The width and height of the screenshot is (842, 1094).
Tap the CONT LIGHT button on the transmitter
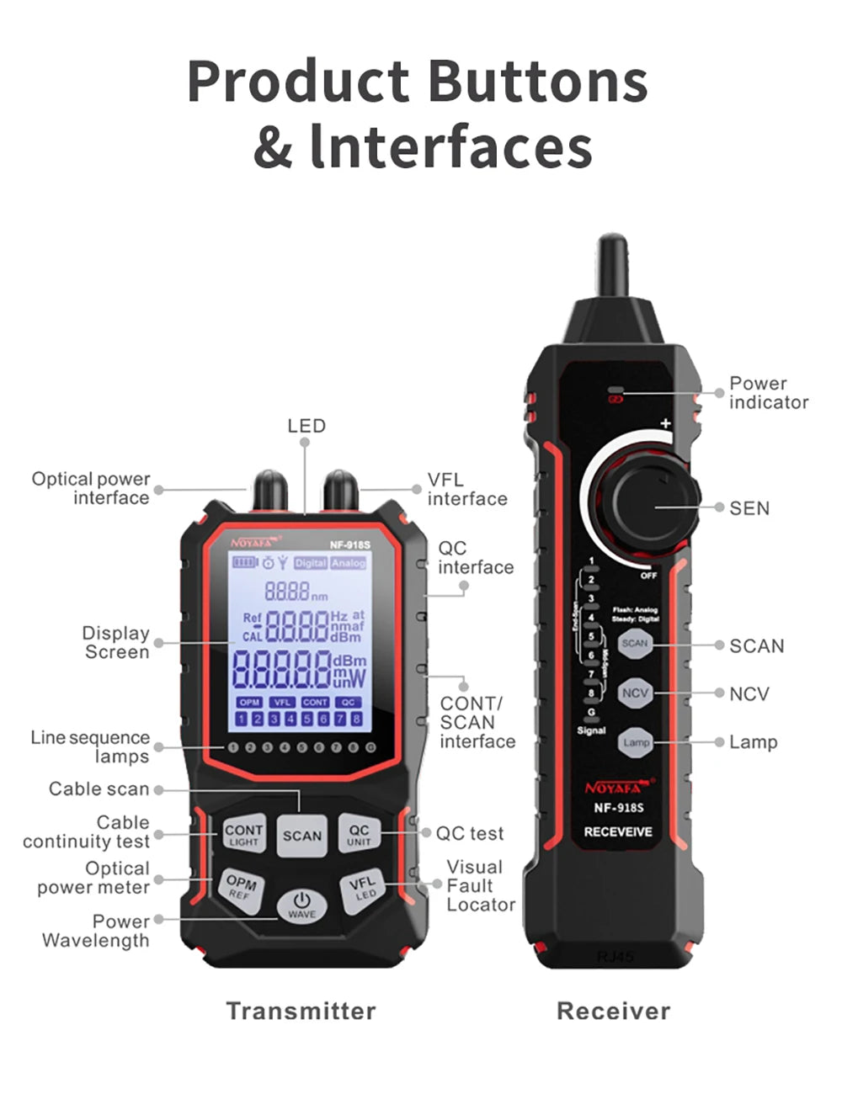point(243,835)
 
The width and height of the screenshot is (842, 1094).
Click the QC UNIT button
point(359,835)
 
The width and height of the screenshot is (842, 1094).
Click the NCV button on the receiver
point(635,693)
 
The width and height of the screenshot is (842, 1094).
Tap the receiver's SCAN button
point(635,644)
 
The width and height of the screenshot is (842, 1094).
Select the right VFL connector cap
point(340,490)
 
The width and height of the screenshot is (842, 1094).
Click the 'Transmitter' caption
point(301,1011)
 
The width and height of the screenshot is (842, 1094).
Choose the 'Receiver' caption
point(613,1011)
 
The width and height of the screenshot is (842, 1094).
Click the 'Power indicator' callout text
point(768,392)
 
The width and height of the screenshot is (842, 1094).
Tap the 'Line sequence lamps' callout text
point(90,746)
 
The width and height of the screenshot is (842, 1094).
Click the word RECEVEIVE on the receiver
point(618,831)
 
